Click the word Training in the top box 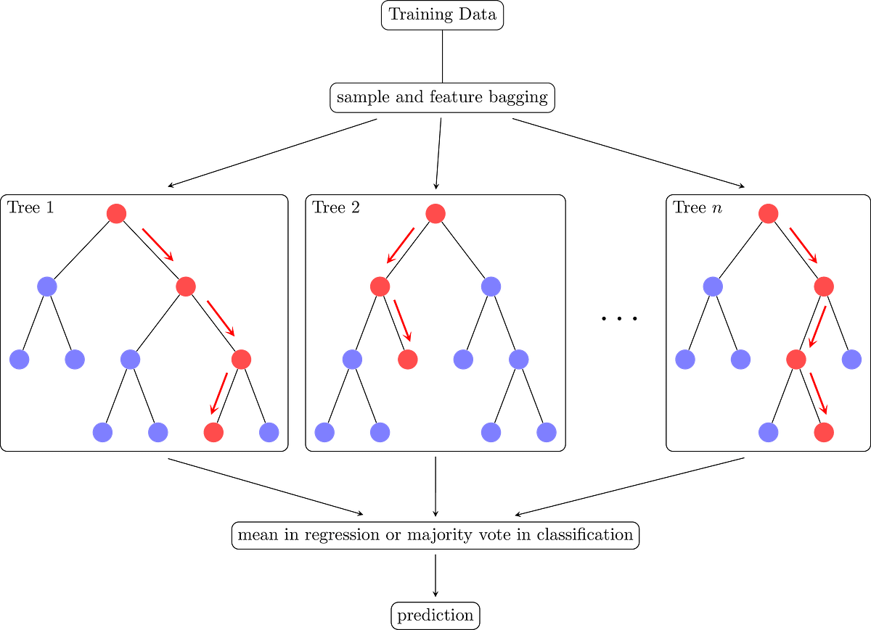coord(417,14)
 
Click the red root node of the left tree coord(116,214)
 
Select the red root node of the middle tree coord(435,214)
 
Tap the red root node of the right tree coord(768,214)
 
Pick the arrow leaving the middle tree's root coord(401,245)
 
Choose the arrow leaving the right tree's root coord(803,246)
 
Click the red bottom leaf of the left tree coord(213,432)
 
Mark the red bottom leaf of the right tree coord(824,432)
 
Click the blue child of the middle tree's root coord(491,286)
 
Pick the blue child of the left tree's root coord(47,286)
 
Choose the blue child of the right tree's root coord(713,286)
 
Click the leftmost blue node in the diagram coord(20,359)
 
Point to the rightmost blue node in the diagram coord(851,359)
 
